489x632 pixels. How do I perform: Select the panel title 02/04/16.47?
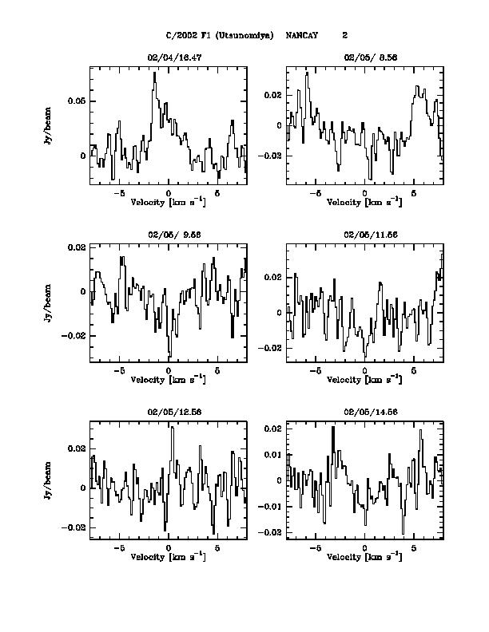click(x=168, y=58)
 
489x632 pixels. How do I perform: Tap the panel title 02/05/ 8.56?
click(x=364, y=58)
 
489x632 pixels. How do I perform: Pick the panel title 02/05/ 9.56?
click(x=168, y=235)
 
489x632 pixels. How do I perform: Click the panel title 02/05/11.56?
click(x=364, y=235)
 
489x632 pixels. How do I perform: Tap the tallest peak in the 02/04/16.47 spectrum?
click(x=155, y=73)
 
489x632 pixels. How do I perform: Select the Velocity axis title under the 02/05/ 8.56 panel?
click(x=364, y=203)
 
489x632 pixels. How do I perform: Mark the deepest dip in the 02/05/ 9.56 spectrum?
click(x=169, y=356)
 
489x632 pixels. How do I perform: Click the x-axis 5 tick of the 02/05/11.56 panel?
click(x=414, y=372)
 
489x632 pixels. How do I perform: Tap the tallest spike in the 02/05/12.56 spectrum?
click(x=172, y=428)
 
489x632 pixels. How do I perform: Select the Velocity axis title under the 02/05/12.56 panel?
click(x=168, y=556)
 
